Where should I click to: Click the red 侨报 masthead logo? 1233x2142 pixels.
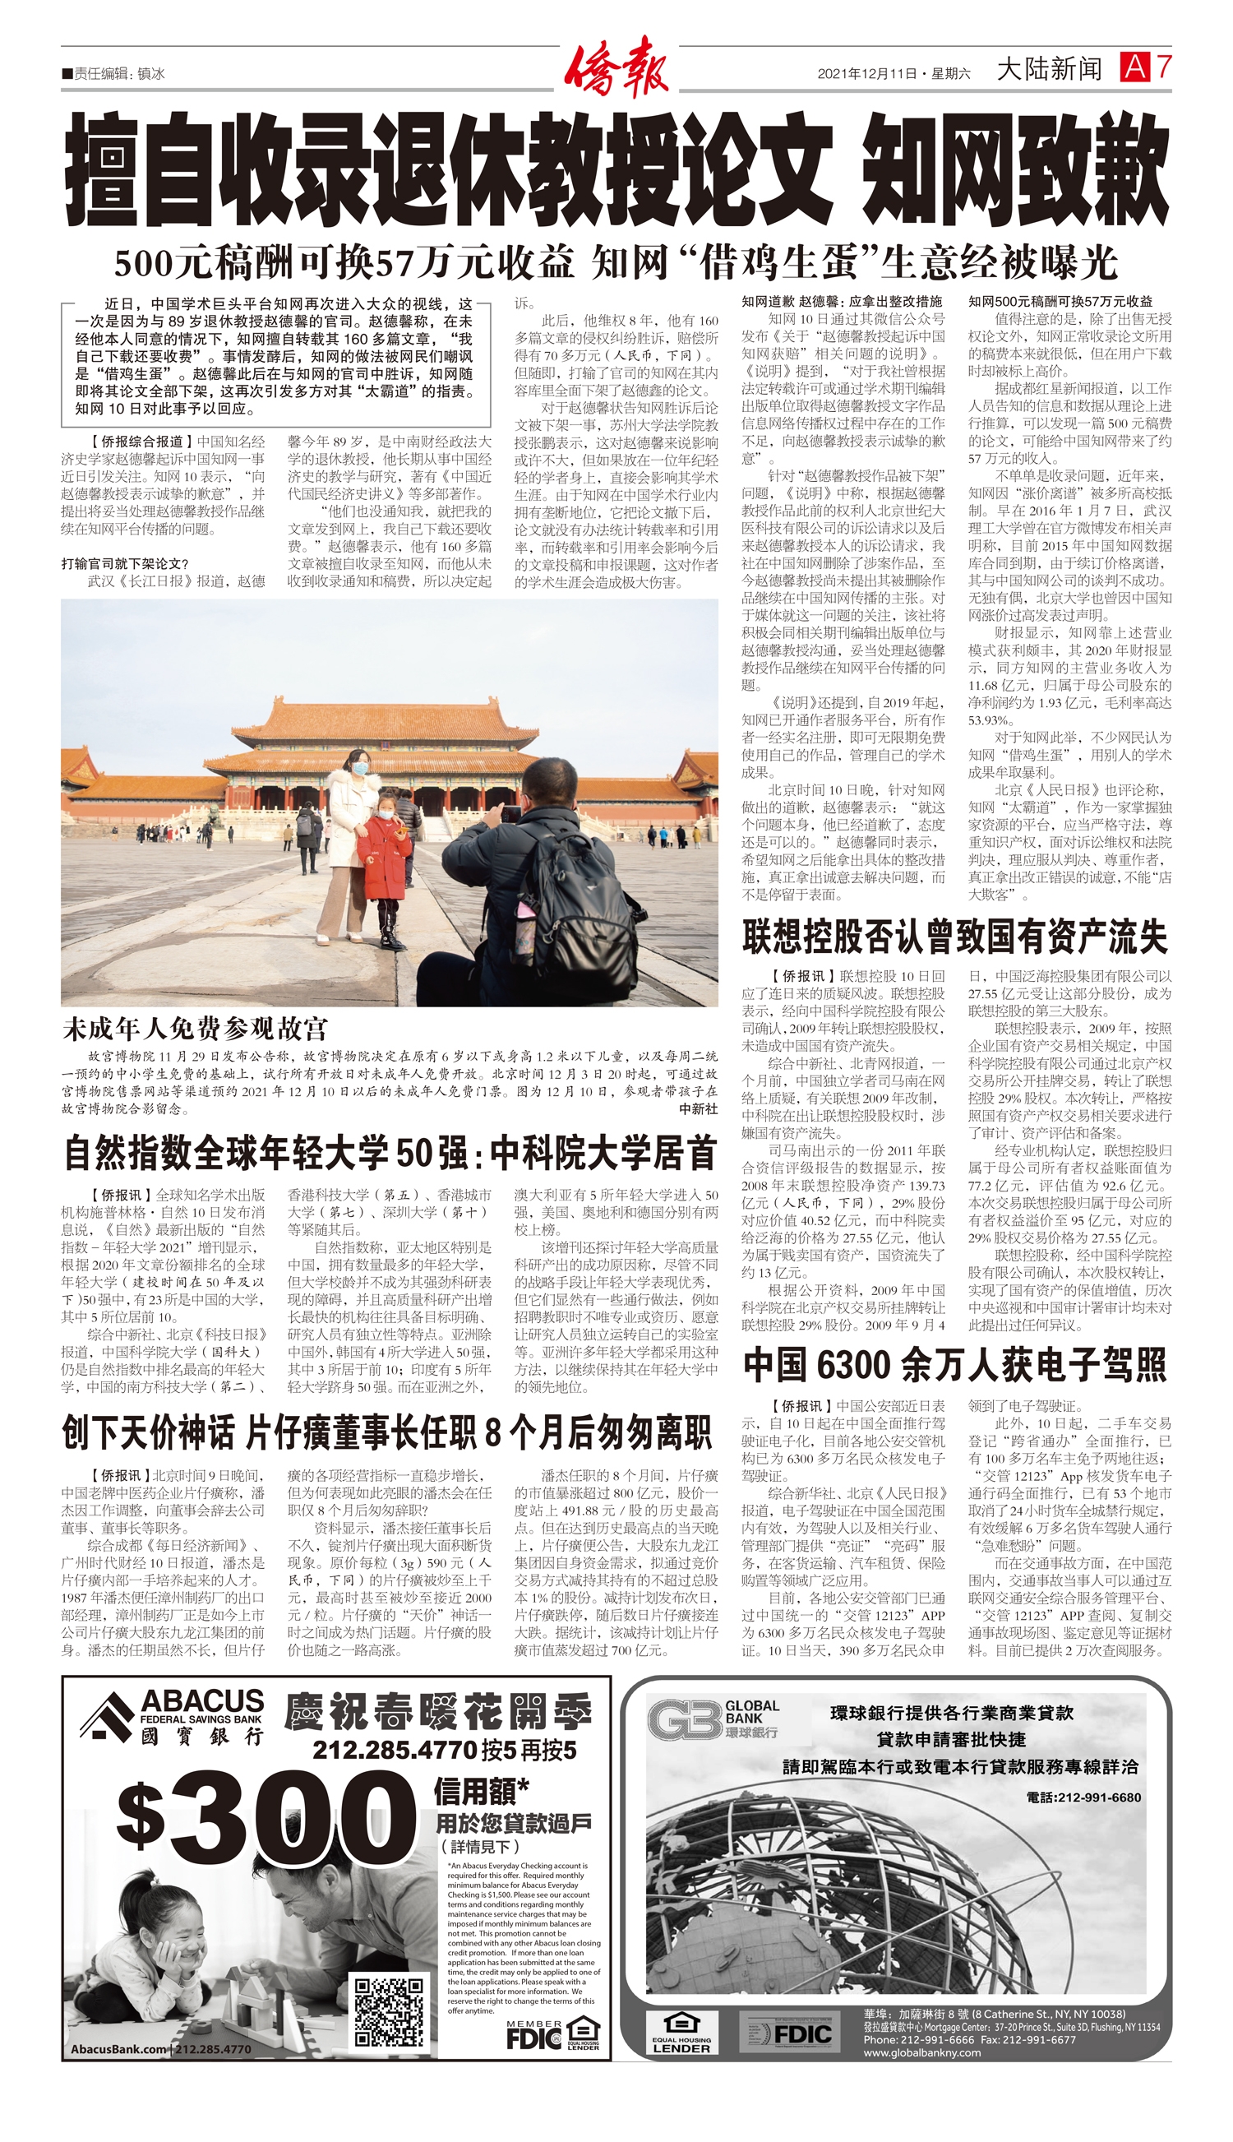point(616,67)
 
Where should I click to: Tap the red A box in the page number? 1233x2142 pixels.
point(1134,67)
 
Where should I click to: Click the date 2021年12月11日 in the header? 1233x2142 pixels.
point(867,74)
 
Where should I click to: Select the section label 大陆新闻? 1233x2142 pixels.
point(1049,68)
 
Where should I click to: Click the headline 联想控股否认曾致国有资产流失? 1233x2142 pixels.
point(954,936)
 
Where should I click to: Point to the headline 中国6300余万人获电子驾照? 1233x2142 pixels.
point(954,1364)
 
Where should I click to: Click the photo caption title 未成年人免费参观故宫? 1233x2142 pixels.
point(195,1029)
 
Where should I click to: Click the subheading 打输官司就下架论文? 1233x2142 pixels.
point(124,563)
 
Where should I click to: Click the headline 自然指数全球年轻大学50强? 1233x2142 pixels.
point(390,1153)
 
